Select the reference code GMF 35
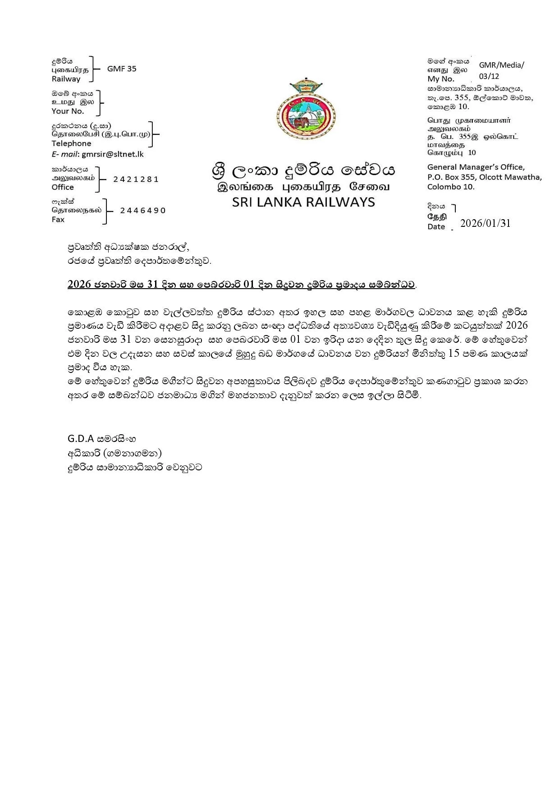click(x=122, y=69)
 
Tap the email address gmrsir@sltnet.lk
click(x=113, y=154)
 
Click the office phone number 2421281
click(x=136, y=179)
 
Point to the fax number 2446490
click(x=143, y=211)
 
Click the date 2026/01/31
click(x=486, y=223)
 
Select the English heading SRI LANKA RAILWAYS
click(x=303, y=202)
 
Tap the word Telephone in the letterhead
click(x=71, y=143)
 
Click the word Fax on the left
click(x=58, y=220)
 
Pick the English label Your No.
click(x=68, y=111)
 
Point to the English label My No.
click(x=440, y=79)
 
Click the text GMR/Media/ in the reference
click(x=501, y=65)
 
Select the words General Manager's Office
click(x=476, y=167)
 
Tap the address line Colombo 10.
click(x=451, y=187)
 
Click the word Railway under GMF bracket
click(x=66, y=79)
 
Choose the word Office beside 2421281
click(x=63, y=187)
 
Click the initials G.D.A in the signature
click(x=81, y=438)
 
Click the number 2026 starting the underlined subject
click(x=79, y=285)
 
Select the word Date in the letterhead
click(x=436, y=227)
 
